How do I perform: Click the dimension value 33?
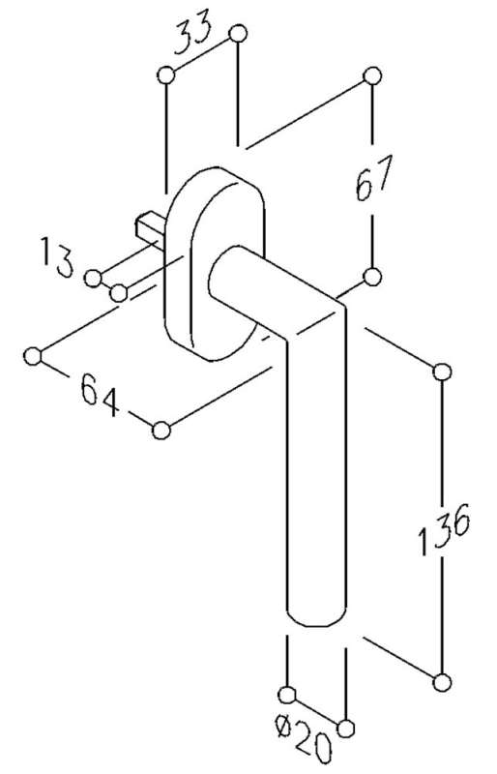[194, 31]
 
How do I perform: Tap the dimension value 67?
[374, 178]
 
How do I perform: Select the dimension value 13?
[57, 256]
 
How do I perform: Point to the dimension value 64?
[101, 395]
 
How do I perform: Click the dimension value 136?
[444, 528]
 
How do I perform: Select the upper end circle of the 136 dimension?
[442, 372]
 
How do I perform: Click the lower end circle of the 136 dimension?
[442, 683]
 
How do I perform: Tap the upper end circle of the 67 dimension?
[372, 76]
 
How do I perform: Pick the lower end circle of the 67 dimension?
[372, 277]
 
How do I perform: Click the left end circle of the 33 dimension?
[166, 75]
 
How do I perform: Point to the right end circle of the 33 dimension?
[238, 34]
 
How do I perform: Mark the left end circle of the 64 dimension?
[33, 356]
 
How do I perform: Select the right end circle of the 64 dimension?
[161, 431]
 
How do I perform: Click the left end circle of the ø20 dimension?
[287, 695]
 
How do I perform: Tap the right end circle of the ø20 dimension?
[346, 729]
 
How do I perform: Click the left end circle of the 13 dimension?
[93, 279]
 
